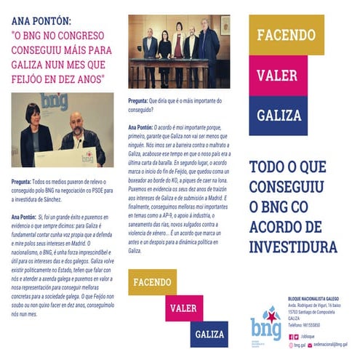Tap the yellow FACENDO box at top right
click(x=286, y=35)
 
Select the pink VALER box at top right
click(x=286, y=76)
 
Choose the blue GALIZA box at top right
click(x=286, y=115)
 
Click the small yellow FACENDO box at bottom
click(x=152, y=281)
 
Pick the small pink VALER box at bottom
click(x=183, y=307)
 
